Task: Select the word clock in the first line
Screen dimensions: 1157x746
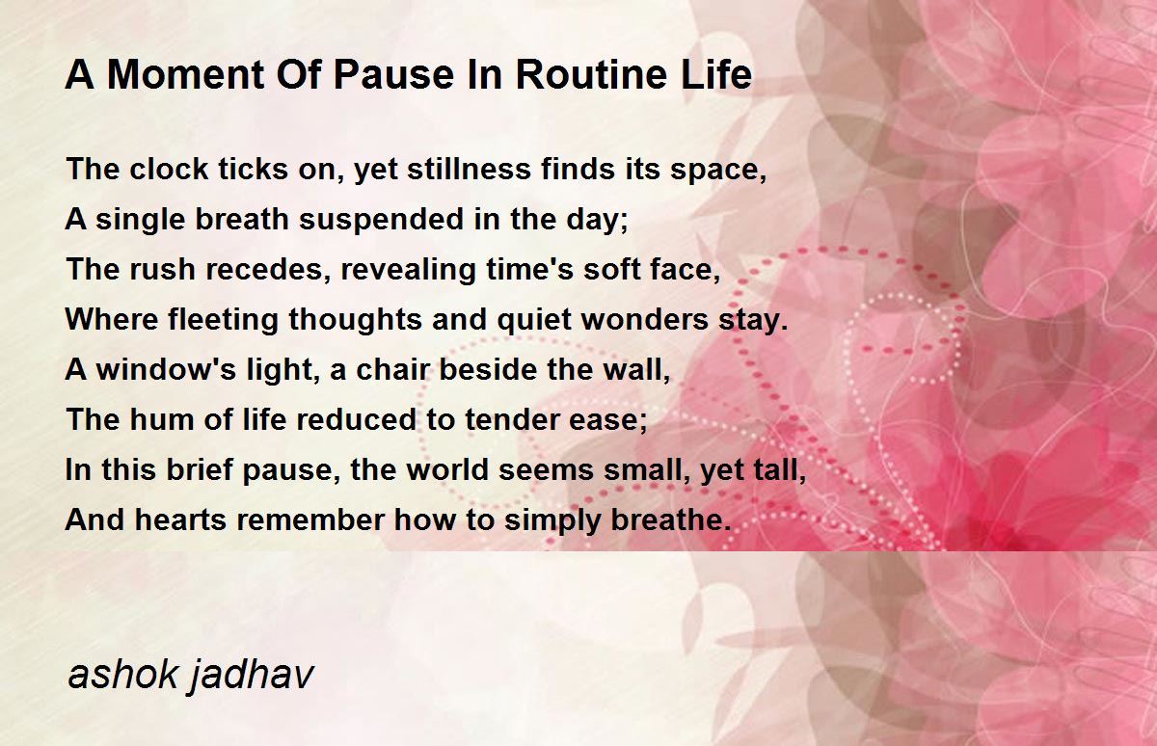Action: (x=169, y=169)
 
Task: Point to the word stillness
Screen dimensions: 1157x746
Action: (x=469, y=169)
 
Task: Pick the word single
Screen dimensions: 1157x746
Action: (x=141, y=221)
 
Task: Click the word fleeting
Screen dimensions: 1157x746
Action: (x=223, y=321)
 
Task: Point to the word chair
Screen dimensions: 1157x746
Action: (x=393, y=369)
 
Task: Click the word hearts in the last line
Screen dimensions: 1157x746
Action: (x=181, y=520)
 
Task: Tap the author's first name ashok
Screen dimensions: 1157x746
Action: (x=123, y=674)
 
